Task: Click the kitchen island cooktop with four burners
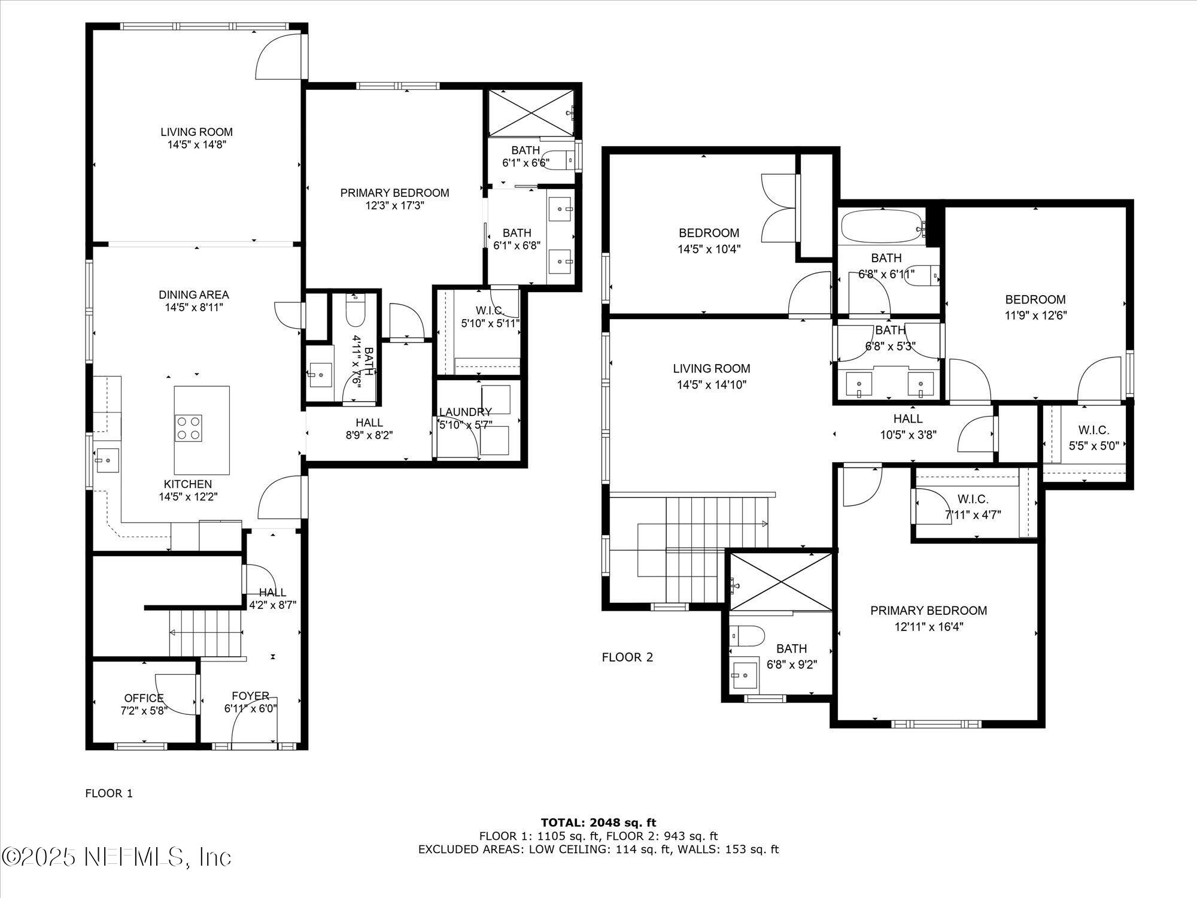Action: coord(188,428)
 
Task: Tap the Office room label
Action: coord(144,698)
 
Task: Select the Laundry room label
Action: coord(465,412)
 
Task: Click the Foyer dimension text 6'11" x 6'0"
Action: coord(250,709)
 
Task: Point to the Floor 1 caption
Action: coord(109,793)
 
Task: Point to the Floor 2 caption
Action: coord(627,657)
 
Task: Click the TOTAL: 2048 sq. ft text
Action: coord(598,823)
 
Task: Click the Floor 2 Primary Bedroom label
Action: coord(928,611)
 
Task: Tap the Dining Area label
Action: coord(193,295)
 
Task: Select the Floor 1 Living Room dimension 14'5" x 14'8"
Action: coord(196,144)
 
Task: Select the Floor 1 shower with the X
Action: coord(530,113)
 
